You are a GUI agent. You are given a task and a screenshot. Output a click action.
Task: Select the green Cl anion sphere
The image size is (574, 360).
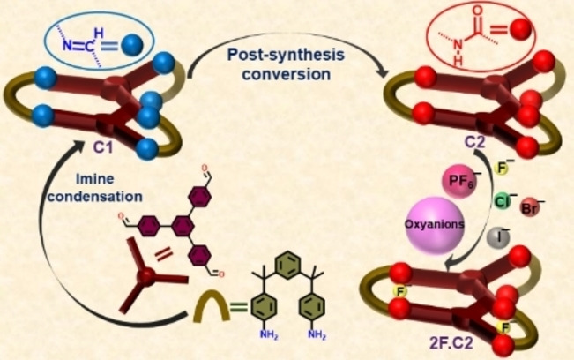point(501,201)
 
